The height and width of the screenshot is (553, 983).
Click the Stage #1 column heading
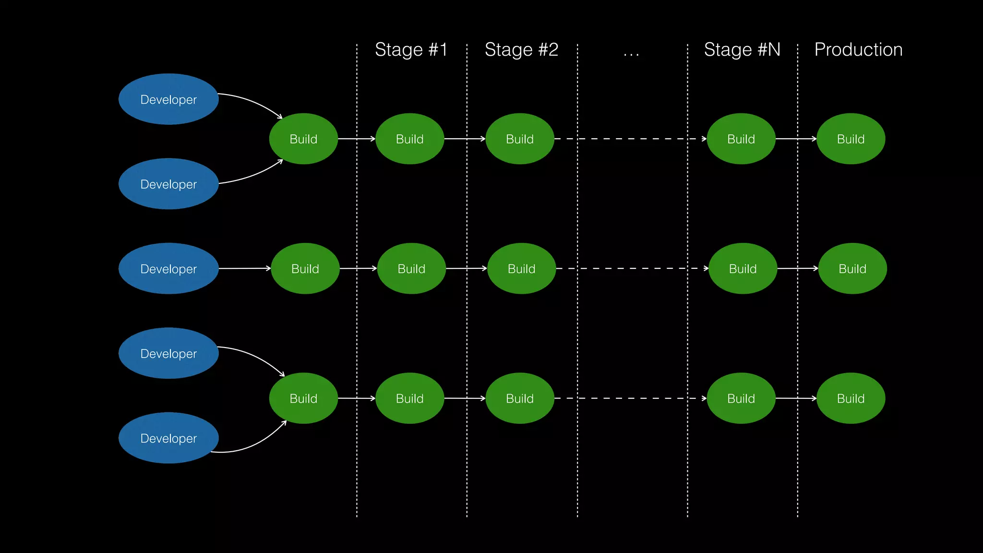click(x=411, y=50)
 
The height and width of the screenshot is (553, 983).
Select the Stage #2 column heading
click(x=521, y=50)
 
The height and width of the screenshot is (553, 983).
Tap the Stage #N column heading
click(x=742, y=50)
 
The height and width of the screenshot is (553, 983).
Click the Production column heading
click(x=858, y=50)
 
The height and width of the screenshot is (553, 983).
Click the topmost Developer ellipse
click(x=168, y=99)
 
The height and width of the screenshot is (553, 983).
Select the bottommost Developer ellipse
click(x=168, y=438)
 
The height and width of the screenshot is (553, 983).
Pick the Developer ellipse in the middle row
click(x=168, y=269)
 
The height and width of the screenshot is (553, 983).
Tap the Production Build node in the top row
click(x=851, y=139)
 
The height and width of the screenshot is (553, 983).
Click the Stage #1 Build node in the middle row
click(x=411, y=269)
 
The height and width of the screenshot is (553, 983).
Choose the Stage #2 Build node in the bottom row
click(x=520, y=398)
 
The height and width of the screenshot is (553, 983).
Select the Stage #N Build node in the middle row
click(x=743, y=269)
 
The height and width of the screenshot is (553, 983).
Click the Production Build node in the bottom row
click(x=851, y=398)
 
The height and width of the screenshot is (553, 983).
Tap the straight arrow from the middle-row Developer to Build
click(x=245, y=268)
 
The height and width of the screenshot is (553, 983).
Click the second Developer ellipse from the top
click(x=168, y=184)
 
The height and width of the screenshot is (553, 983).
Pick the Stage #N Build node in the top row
click(x=741, y=139)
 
